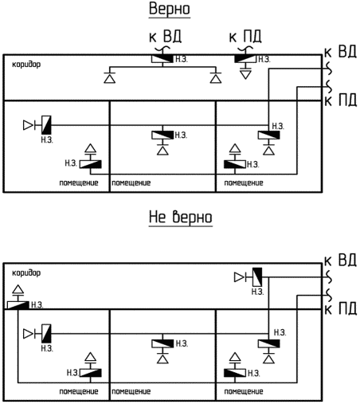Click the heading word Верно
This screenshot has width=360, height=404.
pos(170,9)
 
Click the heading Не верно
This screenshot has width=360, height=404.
pos(181,217)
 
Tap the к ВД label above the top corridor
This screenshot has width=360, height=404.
pos(165,37)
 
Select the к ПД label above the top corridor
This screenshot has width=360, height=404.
pos(245,37)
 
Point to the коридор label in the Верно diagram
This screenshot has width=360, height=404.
pos(26,65)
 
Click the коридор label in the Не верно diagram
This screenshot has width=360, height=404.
pos(26,273)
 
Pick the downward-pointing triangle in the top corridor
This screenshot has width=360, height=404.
pos(245,74)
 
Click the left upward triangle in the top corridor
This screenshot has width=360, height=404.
pos(109,79)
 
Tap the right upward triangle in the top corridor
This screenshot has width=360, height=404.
pos(216,79)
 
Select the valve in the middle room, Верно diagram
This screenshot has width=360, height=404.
pos(162,135)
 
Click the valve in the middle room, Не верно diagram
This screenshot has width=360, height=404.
pos(162,343)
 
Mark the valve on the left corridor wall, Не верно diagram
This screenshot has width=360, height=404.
pos(18,305)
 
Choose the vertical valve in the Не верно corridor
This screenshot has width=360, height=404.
pos(257,277)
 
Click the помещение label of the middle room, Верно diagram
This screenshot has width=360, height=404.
pos(131,183)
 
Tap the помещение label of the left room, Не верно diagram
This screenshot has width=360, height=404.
pos(79,391)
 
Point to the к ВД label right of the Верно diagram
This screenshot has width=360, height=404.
pos(340,52)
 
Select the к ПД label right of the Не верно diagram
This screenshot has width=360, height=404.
pos(340,309)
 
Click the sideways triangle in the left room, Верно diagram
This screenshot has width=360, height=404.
pos(28,125)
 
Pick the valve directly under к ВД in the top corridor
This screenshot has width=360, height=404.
pos(162,59)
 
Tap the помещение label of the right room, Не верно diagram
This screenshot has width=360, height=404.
pos(244,391)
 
